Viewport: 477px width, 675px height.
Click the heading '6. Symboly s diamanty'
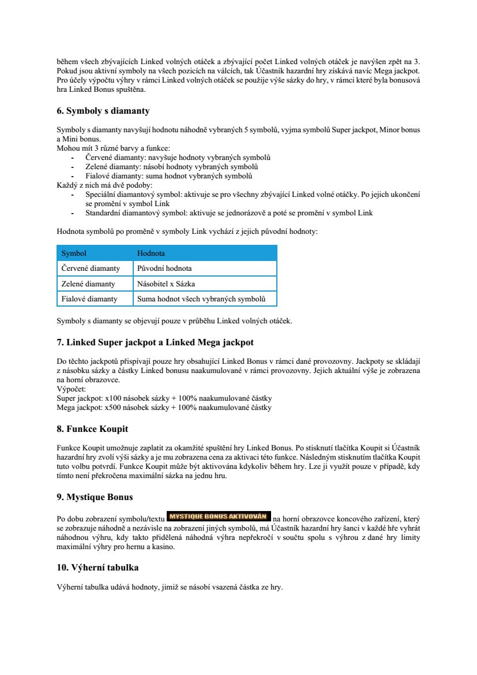(103, 111)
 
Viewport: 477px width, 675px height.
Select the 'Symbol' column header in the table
(74, 253)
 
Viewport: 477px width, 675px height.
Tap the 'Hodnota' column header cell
(151, 253)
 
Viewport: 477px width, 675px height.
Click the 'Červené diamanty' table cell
(91, 268)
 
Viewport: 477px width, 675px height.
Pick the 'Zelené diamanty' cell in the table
(88, 284)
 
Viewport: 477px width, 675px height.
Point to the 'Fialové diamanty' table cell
(89, 299)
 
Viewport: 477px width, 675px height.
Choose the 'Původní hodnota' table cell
(164, 268)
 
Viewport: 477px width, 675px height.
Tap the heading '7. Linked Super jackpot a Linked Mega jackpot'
(155, 342)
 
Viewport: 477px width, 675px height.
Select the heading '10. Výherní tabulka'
(97, 568)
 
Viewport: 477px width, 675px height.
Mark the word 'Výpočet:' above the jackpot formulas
(71, 390)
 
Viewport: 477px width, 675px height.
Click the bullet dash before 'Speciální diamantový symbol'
(72, 195)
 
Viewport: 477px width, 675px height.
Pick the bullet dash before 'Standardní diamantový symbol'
(72, 213)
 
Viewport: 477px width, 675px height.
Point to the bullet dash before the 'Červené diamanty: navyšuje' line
(72, 158)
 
